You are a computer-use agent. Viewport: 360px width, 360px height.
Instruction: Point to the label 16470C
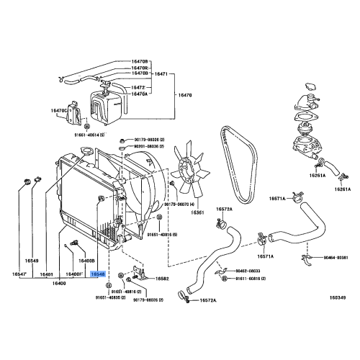[58, 110]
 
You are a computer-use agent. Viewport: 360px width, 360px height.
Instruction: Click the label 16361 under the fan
[198, 212]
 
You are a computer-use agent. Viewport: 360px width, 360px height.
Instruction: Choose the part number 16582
[162, 279]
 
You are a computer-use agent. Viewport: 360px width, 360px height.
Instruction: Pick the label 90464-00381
[333, 257]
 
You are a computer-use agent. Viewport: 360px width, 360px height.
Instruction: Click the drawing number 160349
[338, 296]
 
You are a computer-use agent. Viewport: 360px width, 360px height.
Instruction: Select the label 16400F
[76, 274]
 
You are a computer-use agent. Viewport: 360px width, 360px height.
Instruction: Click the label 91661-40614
[91, 135]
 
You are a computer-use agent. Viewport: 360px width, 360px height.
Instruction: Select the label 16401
[47, 274]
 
